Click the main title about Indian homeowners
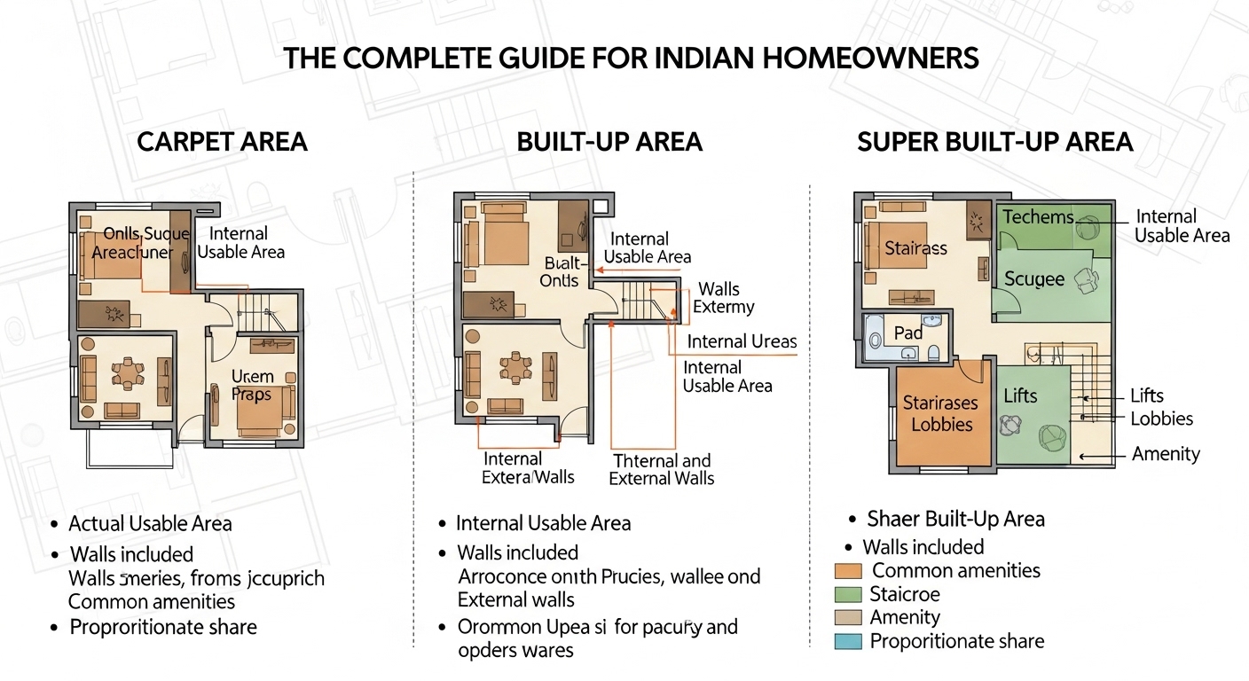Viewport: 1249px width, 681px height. coord(631,59)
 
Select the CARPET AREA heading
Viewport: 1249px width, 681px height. coord(222,141)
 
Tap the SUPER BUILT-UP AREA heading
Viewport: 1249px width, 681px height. coord(994,141)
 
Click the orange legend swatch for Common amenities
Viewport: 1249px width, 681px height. coord(849,571)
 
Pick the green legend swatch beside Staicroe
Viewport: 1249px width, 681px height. coord(849,594)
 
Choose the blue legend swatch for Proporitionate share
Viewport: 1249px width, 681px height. coord(849,641)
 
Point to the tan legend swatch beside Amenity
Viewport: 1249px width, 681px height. coord(849,618)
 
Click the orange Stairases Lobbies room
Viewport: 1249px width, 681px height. coord(941,413)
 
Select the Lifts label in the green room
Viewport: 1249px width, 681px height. coord(1020,395)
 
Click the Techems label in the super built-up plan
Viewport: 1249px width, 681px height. coord(1038,217)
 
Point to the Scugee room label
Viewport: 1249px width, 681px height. coord(1034,279)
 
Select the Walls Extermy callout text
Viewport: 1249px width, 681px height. coord(723,298)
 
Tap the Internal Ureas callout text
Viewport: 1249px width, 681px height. coord(742,341)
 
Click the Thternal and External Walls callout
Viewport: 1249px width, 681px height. coord(662,469)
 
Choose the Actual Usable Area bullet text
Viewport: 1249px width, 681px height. coord(150,524)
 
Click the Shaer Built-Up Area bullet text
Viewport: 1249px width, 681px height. coord(955,519)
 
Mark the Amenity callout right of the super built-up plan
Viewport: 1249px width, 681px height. coord(1166,454)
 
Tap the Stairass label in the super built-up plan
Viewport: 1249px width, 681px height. coord(915,248)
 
